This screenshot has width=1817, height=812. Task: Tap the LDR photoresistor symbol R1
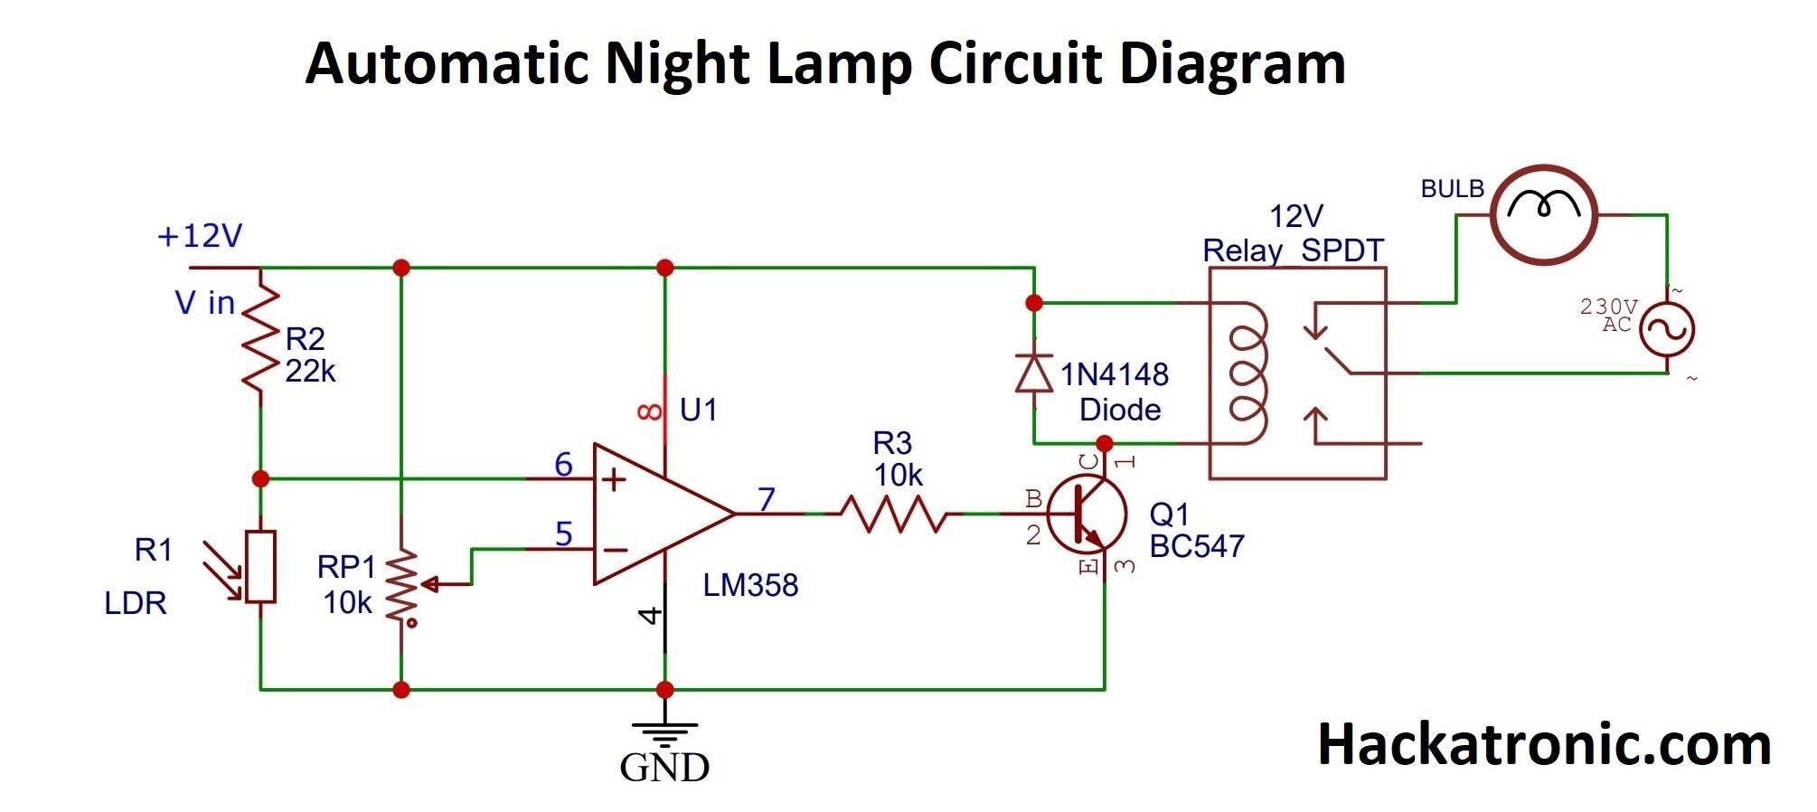261,567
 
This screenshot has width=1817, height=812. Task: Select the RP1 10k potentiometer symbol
401,585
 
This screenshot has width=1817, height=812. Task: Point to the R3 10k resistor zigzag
893,514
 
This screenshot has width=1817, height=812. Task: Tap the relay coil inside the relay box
1247,373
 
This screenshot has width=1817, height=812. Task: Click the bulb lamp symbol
1543,214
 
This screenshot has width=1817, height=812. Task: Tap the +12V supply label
200,236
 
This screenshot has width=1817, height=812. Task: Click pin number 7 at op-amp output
767,498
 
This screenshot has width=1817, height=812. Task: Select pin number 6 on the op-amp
563,465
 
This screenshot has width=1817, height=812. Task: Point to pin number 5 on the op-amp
563,533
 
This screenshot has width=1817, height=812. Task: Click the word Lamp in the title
838,63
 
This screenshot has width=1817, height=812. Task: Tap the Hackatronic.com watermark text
1543,744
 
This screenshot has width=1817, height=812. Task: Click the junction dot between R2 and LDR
261,478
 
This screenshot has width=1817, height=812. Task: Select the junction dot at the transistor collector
1104,444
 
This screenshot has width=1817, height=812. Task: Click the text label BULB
1452,189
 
